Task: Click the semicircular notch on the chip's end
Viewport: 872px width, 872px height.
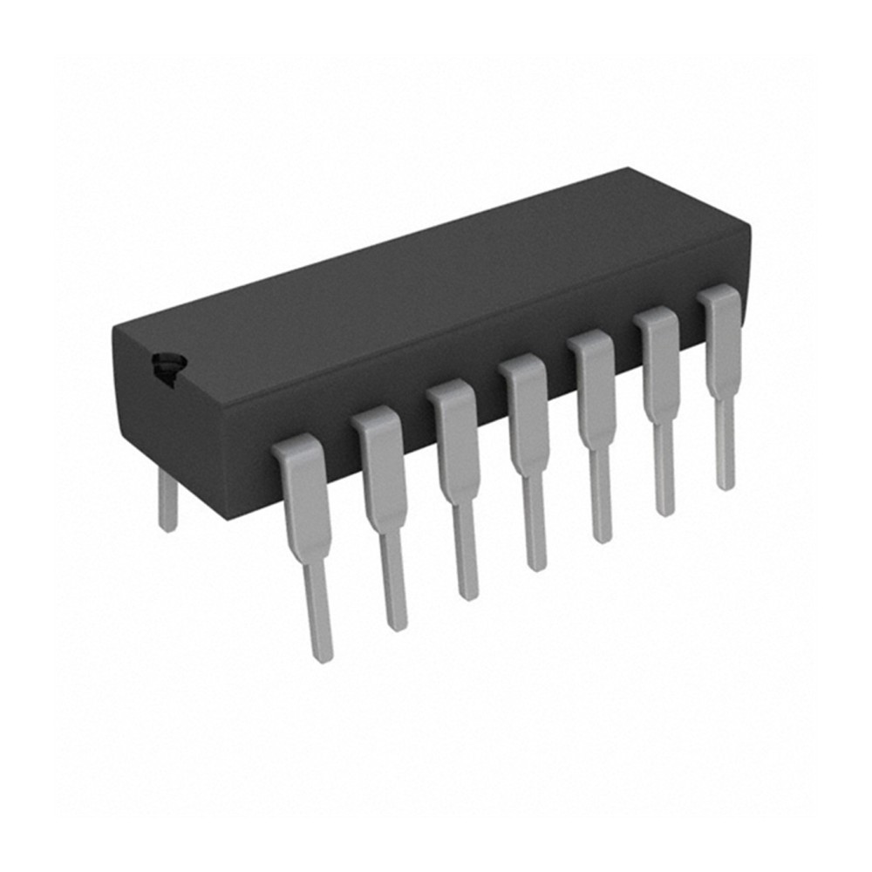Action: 167,366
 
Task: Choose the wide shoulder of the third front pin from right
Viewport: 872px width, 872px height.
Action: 595,384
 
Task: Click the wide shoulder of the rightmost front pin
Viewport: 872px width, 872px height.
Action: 721,336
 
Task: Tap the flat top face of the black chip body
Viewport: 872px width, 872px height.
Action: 436,279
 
